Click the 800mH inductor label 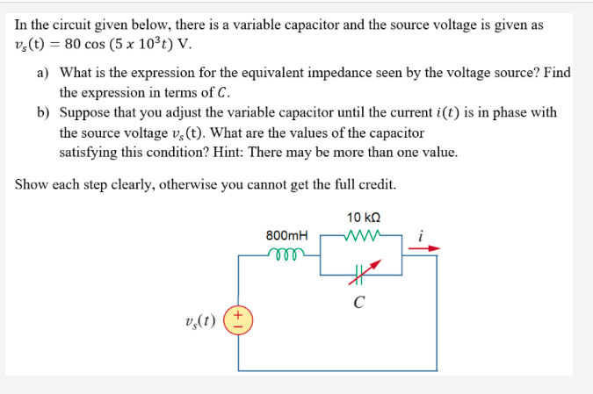pos(286,235)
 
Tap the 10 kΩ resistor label pos(363,217)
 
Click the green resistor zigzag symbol pos(362,235)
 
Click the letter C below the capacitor pos(358,304)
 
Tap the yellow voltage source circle pos(239,321)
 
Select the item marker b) pos(42,113)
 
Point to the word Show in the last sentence pos(31,185)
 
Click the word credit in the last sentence pos(374,185)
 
